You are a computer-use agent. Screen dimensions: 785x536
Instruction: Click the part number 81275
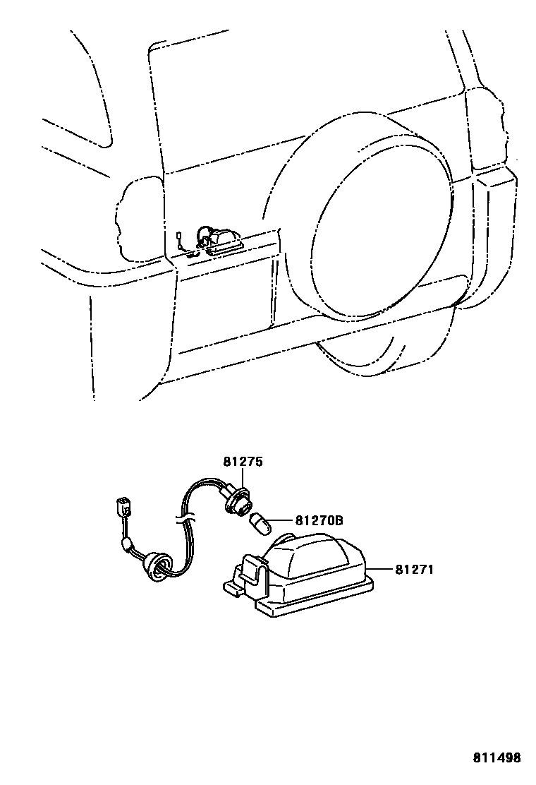[243, 463]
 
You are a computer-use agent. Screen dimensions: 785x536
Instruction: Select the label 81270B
[319, 521]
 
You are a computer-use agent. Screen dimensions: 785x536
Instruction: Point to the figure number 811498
[497, 758]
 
